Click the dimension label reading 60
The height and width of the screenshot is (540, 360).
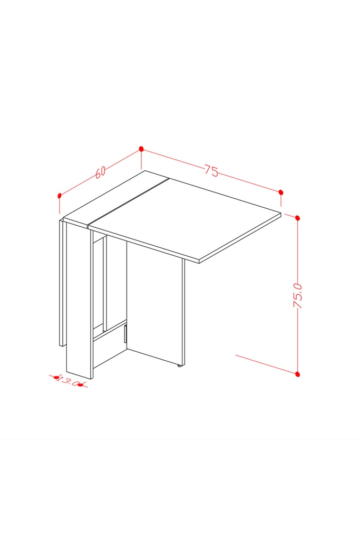pos(100,172)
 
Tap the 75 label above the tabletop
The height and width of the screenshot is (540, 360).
pos(211,170)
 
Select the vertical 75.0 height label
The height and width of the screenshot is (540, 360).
pos(297,295)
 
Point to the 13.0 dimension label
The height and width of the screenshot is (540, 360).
pos(68,381)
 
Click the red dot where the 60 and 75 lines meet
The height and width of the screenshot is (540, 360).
pos(141,149)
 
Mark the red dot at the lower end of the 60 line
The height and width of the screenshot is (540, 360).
pos(60,196)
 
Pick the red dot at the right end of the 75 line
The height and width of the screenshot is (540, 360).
pos(281,192)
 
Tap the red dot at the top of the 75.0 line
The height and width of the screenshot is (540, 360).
pos(298,218)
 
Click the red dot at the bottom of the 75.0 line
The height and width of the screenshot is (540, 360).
pos(298,374)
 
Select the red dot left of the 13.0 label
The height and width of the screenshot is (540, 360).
pos(56,378)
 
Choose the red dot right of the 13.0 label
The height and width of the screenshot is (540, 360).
pos(80,385)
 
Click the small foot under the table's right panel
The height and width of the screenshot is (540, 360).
pos(179,366)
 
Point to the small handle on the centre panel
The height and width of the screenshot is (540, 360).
pos(125,334)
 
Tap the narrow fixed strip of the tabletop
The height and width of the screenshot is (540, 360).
pos(115,199)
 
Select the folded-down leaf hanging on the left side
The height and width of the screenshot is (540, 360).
pos(62,283)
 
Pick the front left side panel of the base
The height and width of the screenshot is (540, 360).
pos(79,300)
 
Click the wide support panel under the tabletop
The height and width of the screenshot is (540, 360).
pos(154,304)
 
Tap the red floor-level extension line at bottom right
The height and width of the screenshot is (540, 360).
pos(266,364)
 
